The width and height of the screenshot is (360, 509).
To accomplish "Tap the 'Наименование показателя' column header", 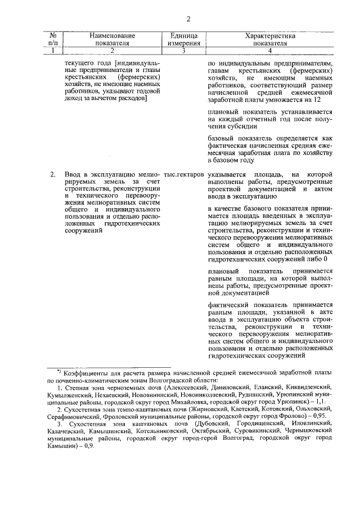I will click(x=112, y=38).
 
